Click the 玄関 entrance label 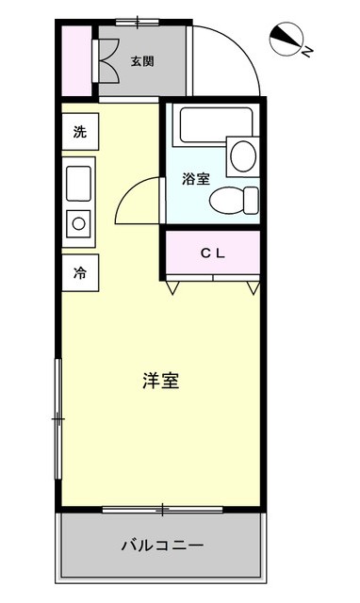pos(142,61)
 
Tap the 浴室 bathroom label pos(196,179)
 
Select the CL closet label pos(213,253)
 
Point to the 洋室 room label pos(161,381)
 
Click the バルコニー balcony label pos(162,546)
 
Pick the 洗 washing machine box pos(80,132)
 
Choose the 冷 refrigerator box pos(80,272)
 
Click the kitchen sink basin pos(78,184)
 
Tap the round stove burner pos(78,223)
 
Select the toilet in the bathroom pos(234,200)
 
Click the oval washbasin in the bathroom pos(243,155)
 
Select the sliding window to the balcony pos(162,510)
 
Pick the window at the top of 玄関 pos(138,22)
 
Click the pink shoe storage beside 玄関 pos(77,60)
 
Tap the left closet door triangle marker pos(172,287)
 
